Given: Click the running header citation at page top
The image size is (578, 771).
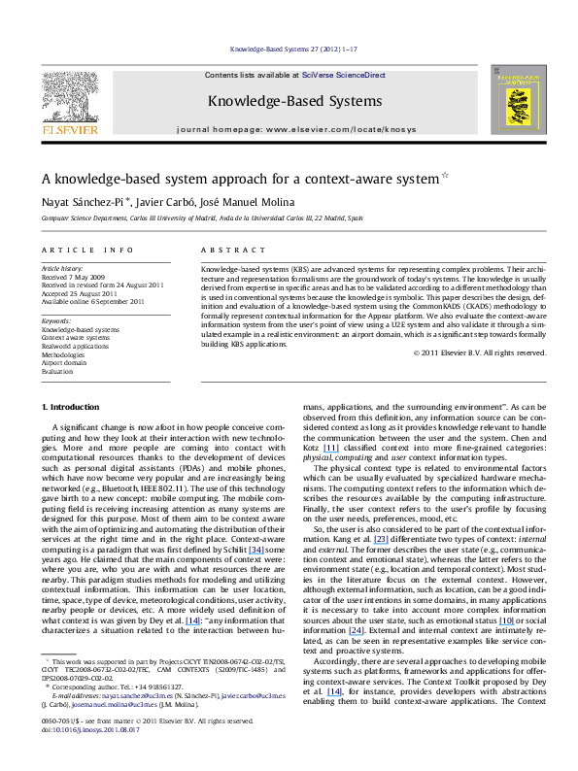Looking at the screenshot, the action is [289, 47].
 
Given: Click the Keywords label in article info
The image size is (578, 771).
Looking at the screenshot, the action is [55, 321].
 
